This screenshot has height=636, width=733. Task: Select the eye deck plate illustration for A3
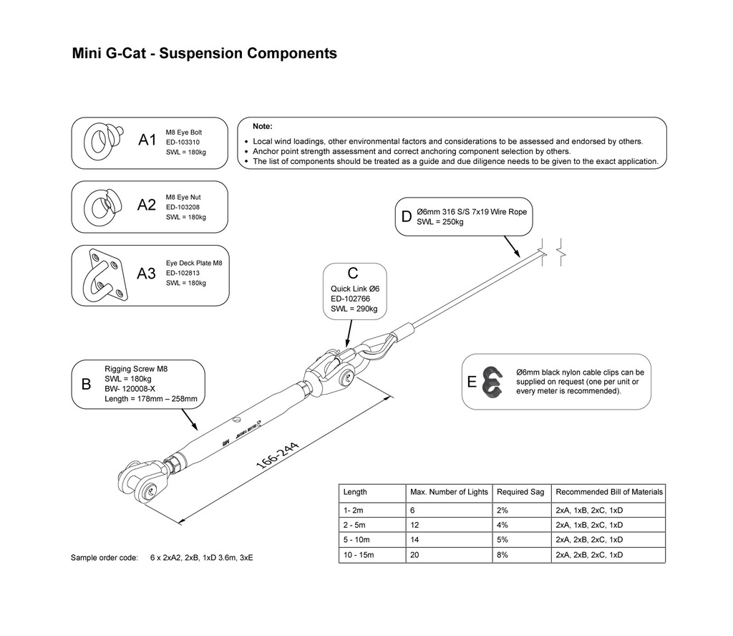105,276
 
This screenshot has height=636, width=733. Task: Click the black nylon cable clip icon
492,382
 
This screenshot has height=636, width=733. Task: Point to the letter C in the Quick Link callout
352,274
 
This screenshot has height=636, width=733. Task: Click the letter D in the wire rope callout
407,217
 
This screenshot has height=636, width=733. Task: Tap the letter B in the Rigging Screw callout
86,384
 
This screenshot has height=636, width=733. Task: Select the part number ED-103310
183,143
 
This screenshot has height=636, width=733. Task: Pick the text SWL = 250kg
440,222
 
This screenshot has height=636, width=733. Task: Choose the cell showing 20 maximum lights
414,555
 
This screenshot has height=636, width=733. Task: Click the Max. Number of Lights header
449,492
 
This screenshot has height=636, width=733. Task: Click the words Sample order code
104,557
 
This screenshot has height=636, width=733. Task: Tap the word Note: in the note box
263,126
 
